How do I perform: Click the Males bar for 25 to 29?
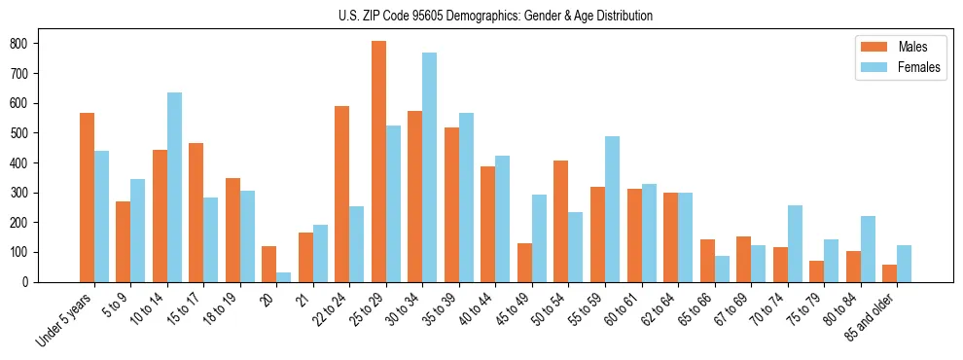[x=378, y=162]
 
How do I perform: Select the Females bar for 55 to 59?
[x=612, y=209]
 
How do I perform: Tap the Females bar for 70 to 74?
[x=795, y=244]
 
